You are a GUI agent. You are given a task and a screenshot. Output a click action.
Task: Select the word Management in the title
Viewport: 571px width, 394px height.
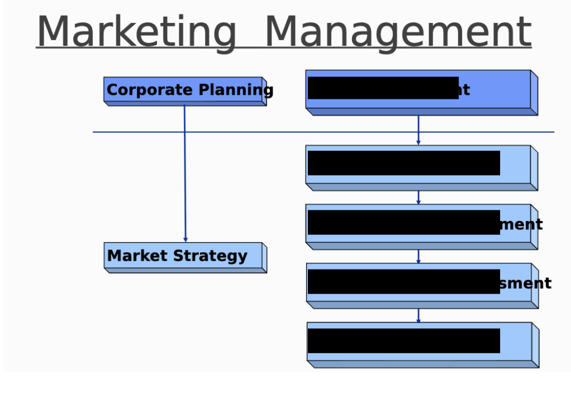397,32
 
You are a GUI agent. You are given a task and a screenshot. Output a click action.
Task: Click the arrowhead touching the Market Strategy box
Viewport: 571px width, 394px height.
185,239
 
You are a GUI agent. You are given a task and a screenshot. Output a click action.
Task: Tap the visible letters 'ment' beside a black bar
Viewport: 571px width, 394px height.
521,225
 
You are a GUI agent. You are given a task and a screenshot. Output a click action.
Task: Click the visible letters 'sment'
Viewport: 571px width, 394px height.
526,284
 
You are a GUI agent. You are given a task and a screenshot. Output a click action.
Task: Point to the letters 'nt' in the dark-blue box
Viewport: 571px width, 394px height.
464,90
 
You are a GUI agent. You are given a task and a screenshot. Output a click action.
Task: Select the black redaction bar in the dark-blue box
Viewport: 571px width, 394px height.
383,88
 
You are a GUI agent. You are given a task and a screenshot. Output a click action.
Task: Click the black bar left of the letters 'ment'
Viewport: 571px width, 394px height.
403,222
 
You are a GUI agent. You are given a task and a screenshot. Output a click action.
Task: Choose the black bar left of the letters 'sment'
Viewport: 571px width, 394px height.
403,281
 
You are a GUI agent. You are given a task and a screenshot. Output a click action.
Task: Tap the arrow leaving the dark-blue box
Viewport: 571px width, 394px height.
418,130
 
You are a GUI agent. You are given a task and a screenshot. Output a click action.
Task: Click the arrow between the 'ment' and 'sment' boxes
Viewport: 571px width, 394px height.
418,257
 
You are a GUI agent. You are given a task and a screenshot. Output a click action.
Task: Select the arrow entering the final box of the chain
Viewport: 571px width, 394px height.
418,316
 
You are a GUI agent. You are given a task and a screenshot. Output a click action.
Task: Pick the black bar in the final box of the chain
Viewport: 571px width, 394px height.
403,340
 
